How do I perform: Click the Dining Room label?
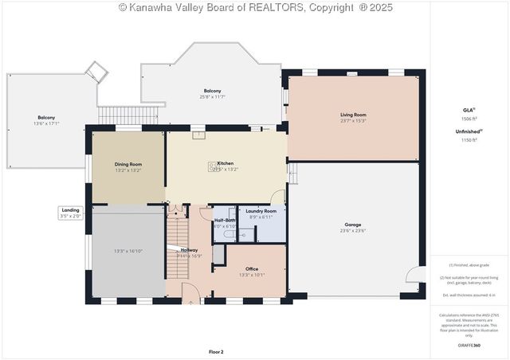pos(128,163)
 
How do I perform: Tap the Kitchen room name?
pos(225,163)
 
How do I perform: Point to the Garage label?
pos(353,225)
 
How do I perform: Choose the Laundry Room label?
pos(261,211)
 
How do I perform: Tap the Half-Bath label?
pos(224,220)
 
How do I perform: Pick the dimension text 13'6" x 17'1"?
pos(47,123)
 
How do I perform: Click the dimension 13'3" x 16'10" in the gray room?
pos(128,251)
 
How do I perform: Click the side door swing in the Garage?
pos(413,275)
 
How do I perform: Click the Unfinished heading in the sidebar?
pos(468,131)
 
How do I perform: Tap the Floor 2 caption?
pos(216,351)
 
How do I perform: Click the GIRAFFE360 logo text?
pos(468,345)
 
